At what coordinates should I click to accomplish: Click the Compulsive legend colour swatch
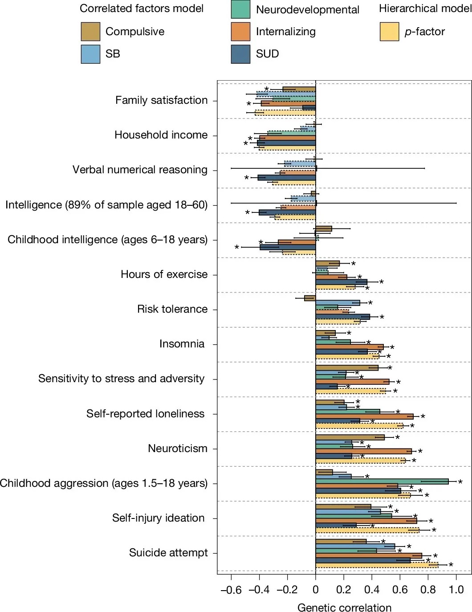click(90, 32)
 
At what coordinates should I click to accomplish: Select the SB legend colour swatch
click(90, 54)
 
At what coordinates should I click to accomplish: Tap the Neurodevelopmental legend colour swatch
click(240, 9)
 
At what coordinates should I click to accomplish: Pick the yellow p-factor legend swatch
click(389, 32)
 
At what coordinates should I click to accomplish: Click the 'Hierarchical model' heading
click(425, 8)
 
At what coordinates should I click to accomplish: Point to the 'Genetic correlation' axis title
click(344, 608)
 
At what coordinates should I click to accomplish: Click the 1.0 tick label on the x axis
click(456, 590)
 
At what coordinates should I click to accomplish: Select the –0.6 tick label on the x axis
click(231, 590)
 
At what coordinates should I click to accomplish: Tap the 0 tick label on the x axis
click(315, 590)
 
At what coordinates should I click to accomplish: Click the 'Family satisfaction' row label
click(161, 100)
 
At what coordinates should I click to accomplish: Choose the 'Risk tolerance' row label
click(172, 309)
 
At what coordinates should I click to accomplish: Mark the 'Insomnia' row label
click(182, 344)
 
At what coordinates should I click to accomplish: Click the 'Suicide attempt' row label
click(168, 553)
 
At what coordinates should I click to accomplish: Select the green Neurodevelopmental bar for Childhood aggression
click(382, 481)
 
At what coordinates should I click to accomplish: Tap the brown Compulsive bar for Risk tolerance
click(310, 298)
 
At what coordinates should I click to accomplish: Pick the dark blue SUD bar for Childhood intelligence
click(288, 247)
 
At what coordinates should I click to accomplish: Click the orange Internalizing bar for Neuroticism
click(363, 451)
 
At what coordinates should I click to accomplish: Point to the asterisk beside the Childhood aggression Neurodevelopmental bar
click(460, 482)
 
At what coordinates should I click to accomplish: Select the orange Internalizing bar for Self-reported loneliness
click(364, 416)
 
